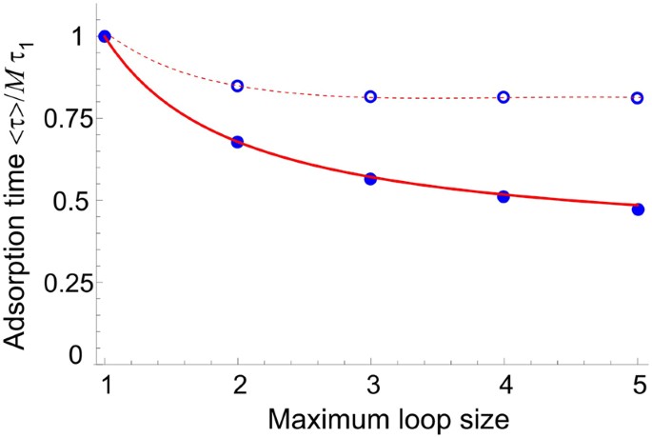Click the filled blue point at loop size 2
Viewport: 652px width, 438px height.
point(238,142)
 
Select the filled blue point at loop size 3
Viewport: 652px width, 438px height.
point(370,178)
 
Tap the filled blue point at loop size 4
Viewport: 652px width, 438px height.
point(504,196)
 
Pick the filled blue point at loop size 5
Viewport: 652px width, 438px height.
point(637,209)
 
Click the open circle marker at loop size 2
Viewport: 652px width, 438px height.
point(238,86)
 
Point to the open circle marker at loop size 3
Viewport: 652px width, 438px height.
point(370,96)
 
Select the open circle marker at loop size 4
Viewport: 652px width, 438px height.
point(504,97)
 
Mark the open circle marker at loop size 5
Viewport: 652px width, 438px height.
point(637,97)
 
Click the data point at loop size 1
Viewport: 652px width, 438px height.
point(105,36)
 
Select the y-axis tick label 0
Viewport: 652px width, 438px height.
point(77,354)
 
